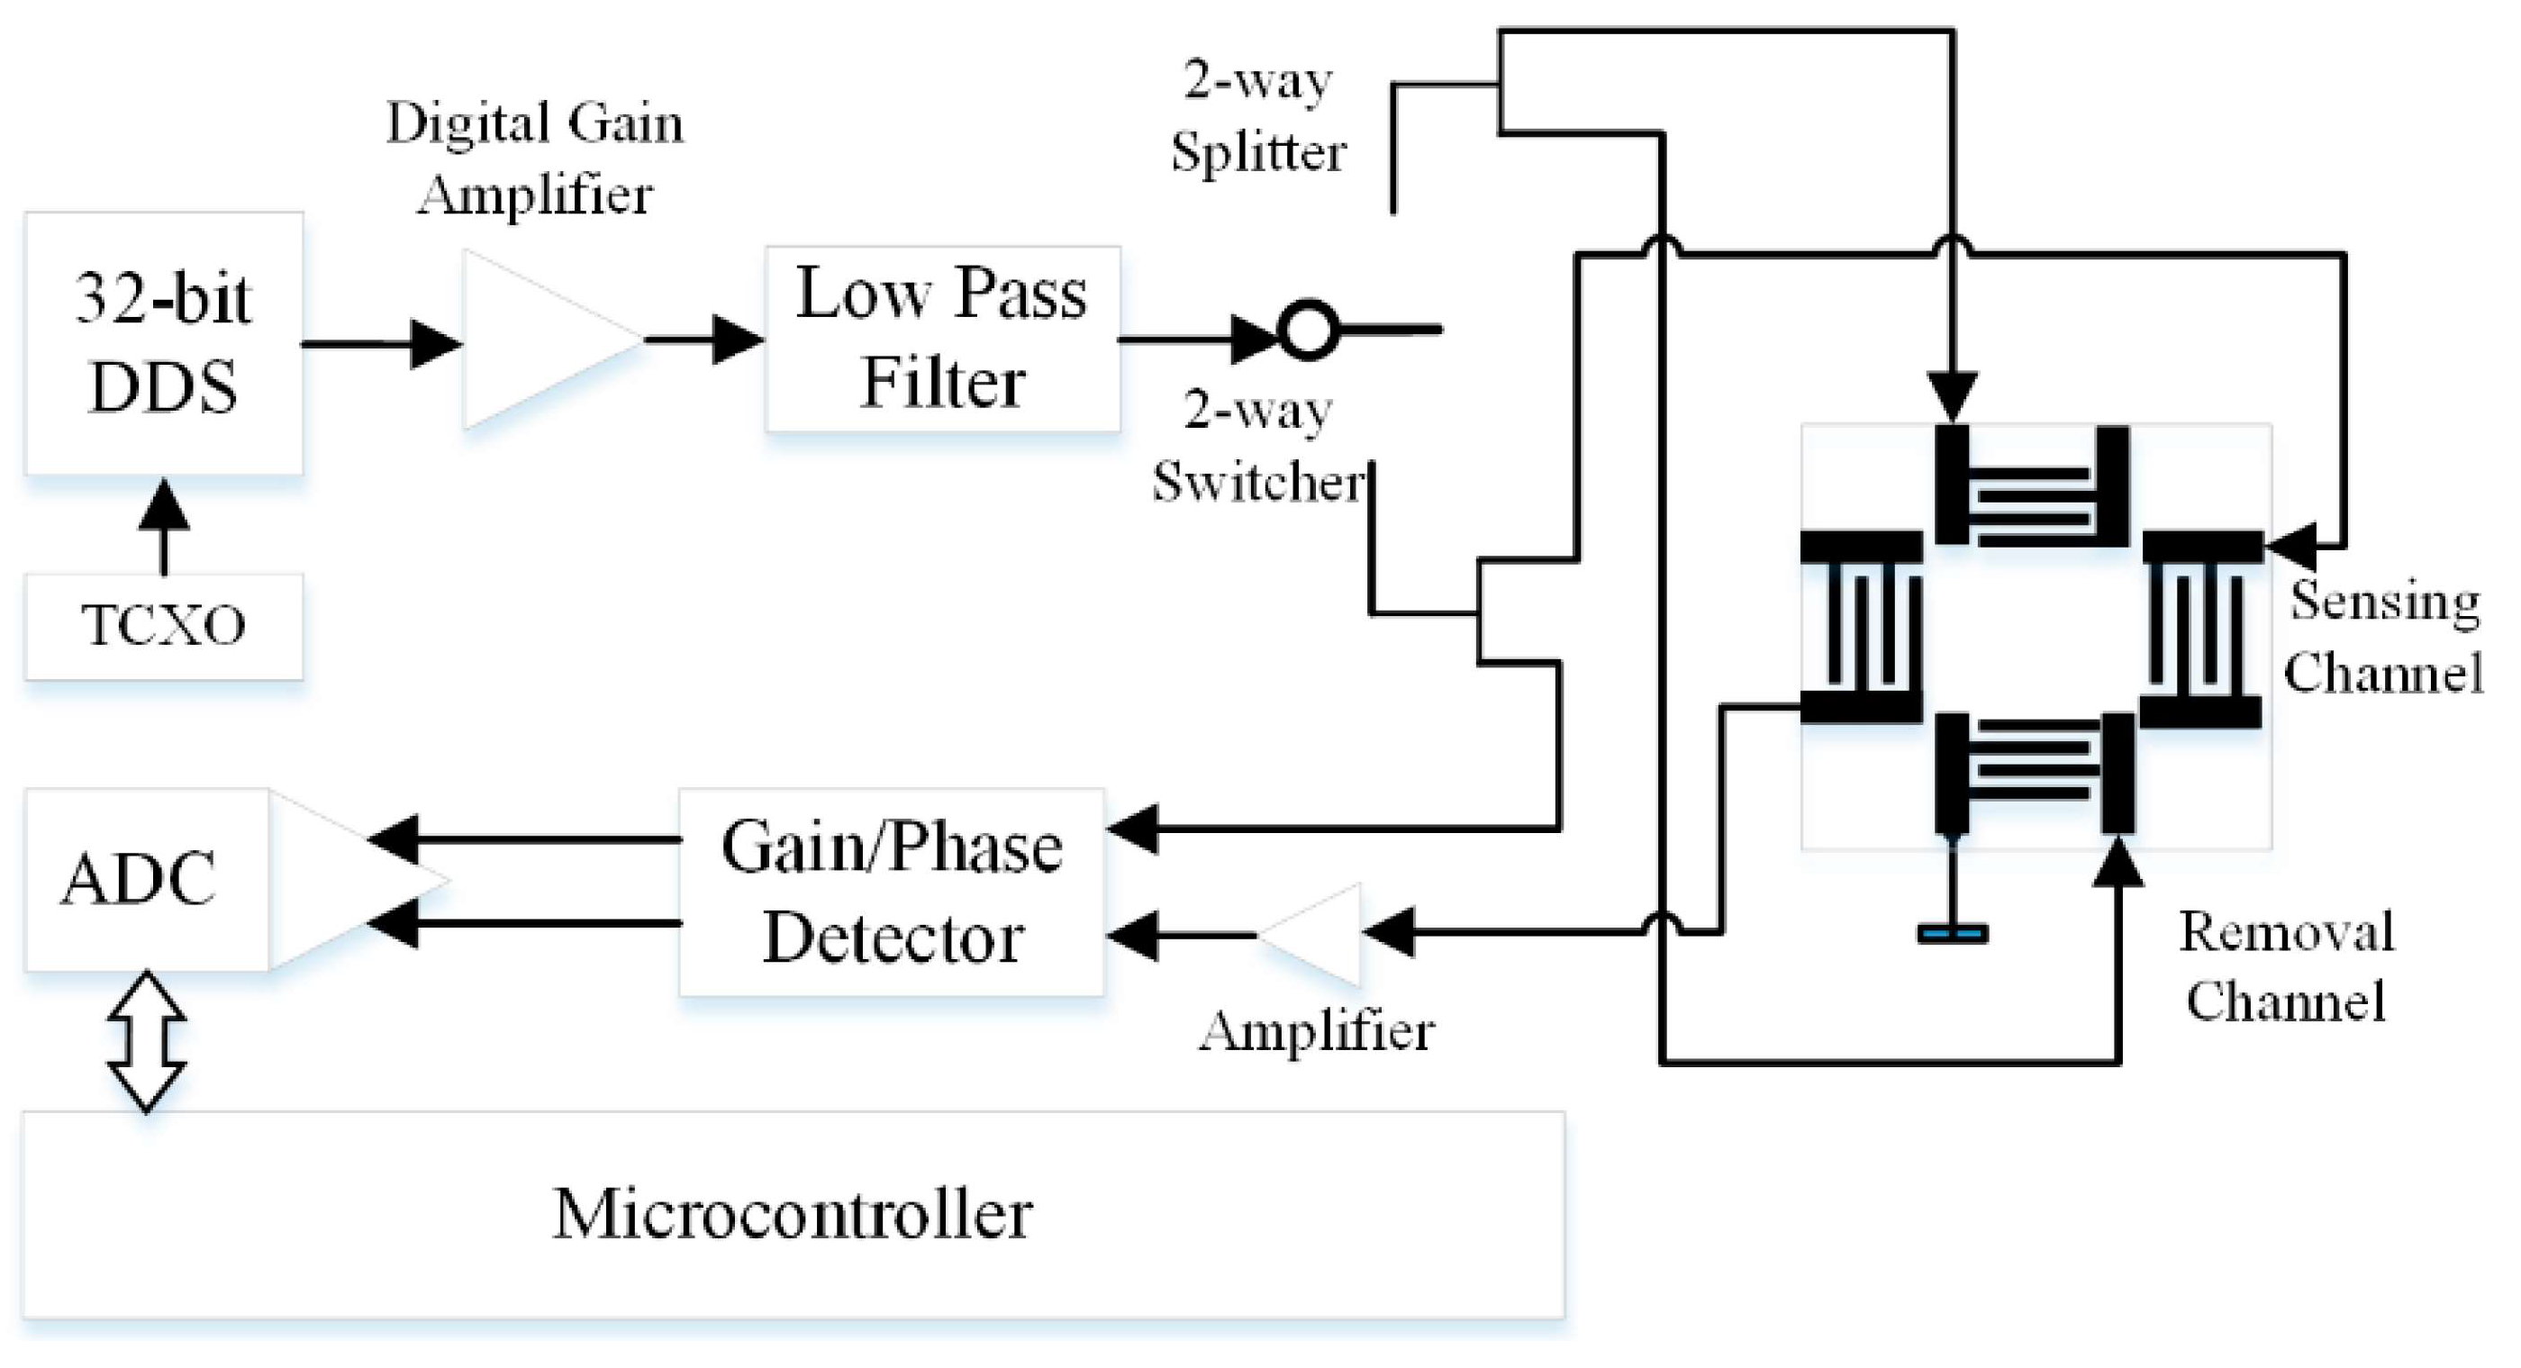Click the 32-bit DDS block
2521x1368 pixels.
(x=163, y=343)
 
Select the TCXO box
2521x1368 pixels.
(x=163, y=626)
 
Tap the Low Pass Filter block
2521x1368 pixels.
(x=942, y=339)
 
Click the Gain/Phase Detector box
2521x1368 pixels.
(x=892, y=892)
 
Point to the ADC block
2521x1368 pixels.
(x=147, y=880)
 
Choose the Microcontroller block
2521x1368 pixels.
(x=793, y=1214)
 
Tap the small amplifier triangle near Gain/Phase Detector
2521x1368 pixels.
(x=1309, y=935)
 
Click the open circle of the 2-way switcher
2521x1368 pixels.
(x=1310, y=330)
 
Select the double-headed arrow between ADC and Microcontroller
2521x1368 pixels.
(x=147, y=1041)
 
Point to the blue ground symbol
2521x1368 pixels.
(x=1953, y=935)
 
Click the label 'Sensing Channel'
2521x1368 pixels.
(x=2384, y=636)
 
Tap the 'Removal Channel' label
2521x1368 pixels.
(x=2287, y=965)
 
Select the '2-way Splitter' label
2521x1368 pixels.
(x=1258, y=115)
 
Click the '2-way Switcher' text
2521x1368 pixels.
(x=1258, y=445)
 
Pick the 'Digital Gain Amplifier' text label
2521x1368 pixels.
(x=535, y=157)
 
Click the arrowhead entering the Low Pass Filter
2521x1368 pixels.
(x=739, y=340)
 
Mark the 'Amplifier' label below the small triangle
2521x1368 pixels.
(x=1318, y=1030)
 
